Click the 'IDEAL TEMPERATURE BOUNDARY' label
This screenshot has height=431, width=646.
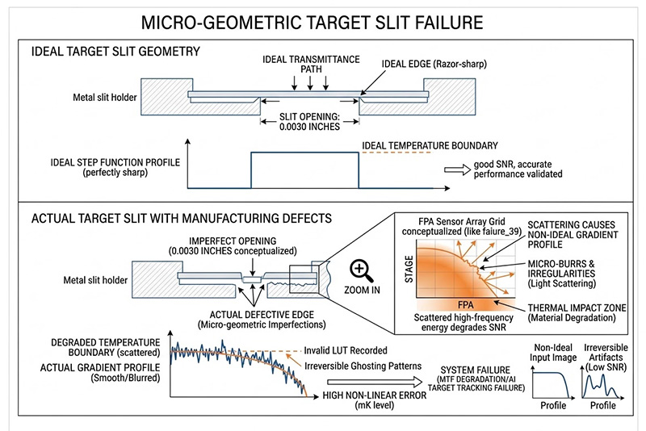[427, 145]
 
